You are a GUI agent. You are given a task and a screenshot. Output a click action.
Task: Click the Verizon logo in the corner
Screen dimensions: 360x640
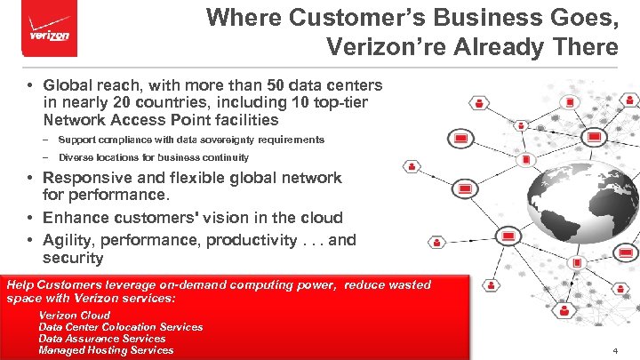click(x=49, y=33)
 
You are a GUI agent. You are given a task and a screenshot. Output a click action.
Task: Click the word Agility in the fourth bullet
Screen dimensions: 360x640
click(x=68, y=239)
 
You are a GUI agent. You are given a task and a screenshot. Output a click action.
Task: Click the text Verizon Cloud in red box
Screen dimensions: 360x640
click(x=75, y=316)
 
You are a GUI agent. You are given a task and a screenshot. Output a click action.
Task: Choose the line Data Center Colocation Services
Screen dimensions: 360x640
click(x=121, y=327)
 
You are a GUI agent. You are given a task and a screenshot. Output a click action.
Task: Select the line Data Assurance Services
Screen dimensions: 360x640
click(x=102, y=339)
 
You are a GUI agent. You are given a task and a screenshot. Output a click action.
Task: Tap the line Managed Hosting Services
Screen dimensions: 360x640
click(x=106, y=350)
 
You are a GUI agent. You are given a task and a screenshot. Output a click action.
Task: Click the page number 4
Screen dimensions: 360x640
click(x=614, y=352)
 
